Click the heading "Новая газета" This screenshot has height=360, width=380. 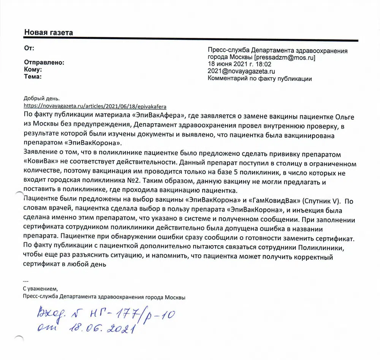click(49, 33)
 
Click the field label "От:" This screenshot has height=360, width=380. click(29, 48)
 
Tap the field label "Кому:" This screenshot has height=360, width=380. click(33, 69)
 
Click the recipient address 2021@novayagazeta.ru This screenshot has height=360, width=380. click(241, 71)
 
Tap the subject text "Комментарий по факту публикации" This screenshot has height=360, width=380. click(260, 79)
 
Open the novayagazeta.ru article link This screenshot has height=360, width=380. click(95, 106)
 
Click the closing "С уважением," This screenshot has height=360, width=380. click(40, 288)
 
